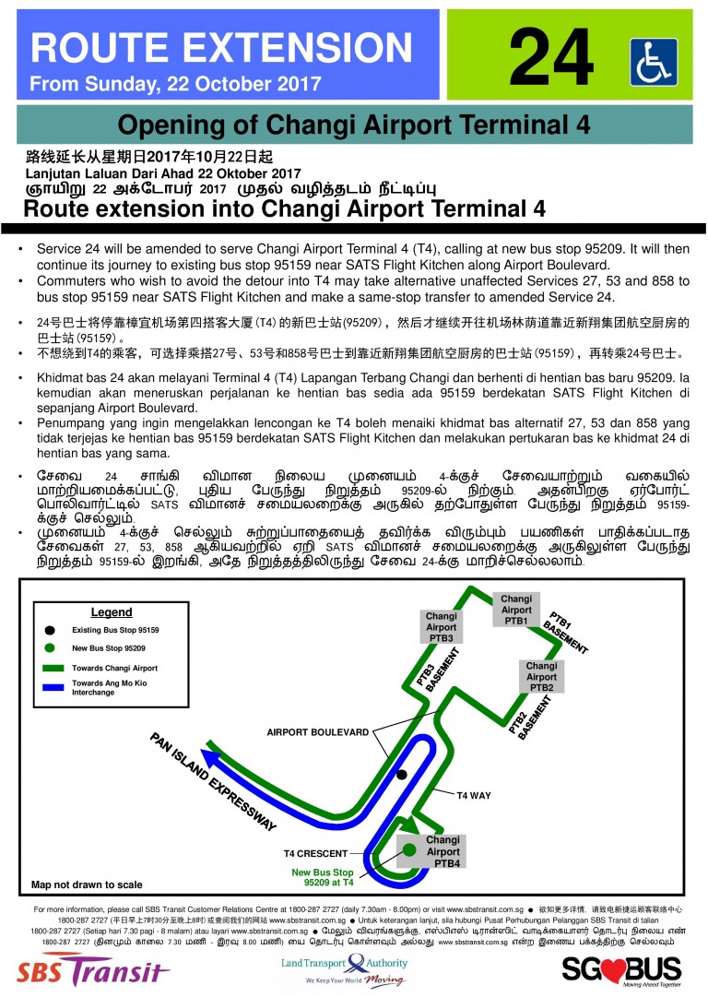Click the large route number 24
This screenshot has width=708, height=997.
(550, 56)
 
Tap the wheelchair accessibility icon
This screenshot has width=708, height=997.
(654, 62)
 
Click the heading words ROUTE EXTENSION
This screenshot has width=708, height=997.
(221, 47)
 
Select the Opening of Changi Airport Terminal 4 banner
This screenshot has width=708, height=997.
(354, 125)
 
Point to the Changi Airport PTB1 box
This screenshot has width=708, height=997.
(516, 610)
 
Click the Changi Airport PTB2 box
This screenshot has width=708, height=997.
(541, 677)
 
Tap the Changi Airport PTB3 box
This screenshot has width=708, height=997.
(442, 627)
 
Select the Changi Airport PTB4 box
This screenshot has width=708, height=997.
(442, 852)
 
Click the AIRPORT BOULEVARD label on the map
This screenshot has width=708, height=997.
(318, 732)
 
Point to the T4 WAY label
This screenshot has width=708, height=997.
(474, 795)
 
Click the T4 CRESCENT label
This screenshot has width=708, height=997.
(315, 854)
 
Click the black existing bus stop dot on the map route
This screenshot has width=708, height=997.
(401, 775)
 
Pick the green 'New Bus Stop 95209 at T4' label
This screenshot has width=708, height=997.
(323, 877)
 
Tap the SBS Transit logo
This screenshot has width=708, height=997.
(93, 971)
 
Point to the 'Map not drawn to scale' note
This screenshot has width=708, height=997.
(87, 884)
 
